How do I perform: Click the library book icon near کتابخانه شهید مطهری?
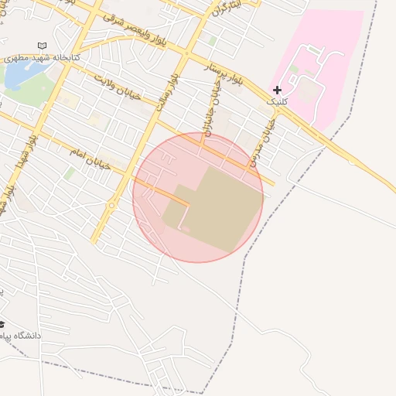coord(42,46)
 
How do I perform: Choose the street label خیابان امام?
coord(87,155)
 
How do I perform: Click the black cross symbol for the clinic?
coord(277,90)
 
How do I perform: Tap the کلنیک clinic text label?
coord(276,102)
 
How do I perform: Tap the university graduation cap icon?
coord(2,324)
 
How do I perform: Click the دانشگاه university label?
coord(23,336)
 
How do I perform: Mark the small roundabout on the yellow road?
coord(112,206)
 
